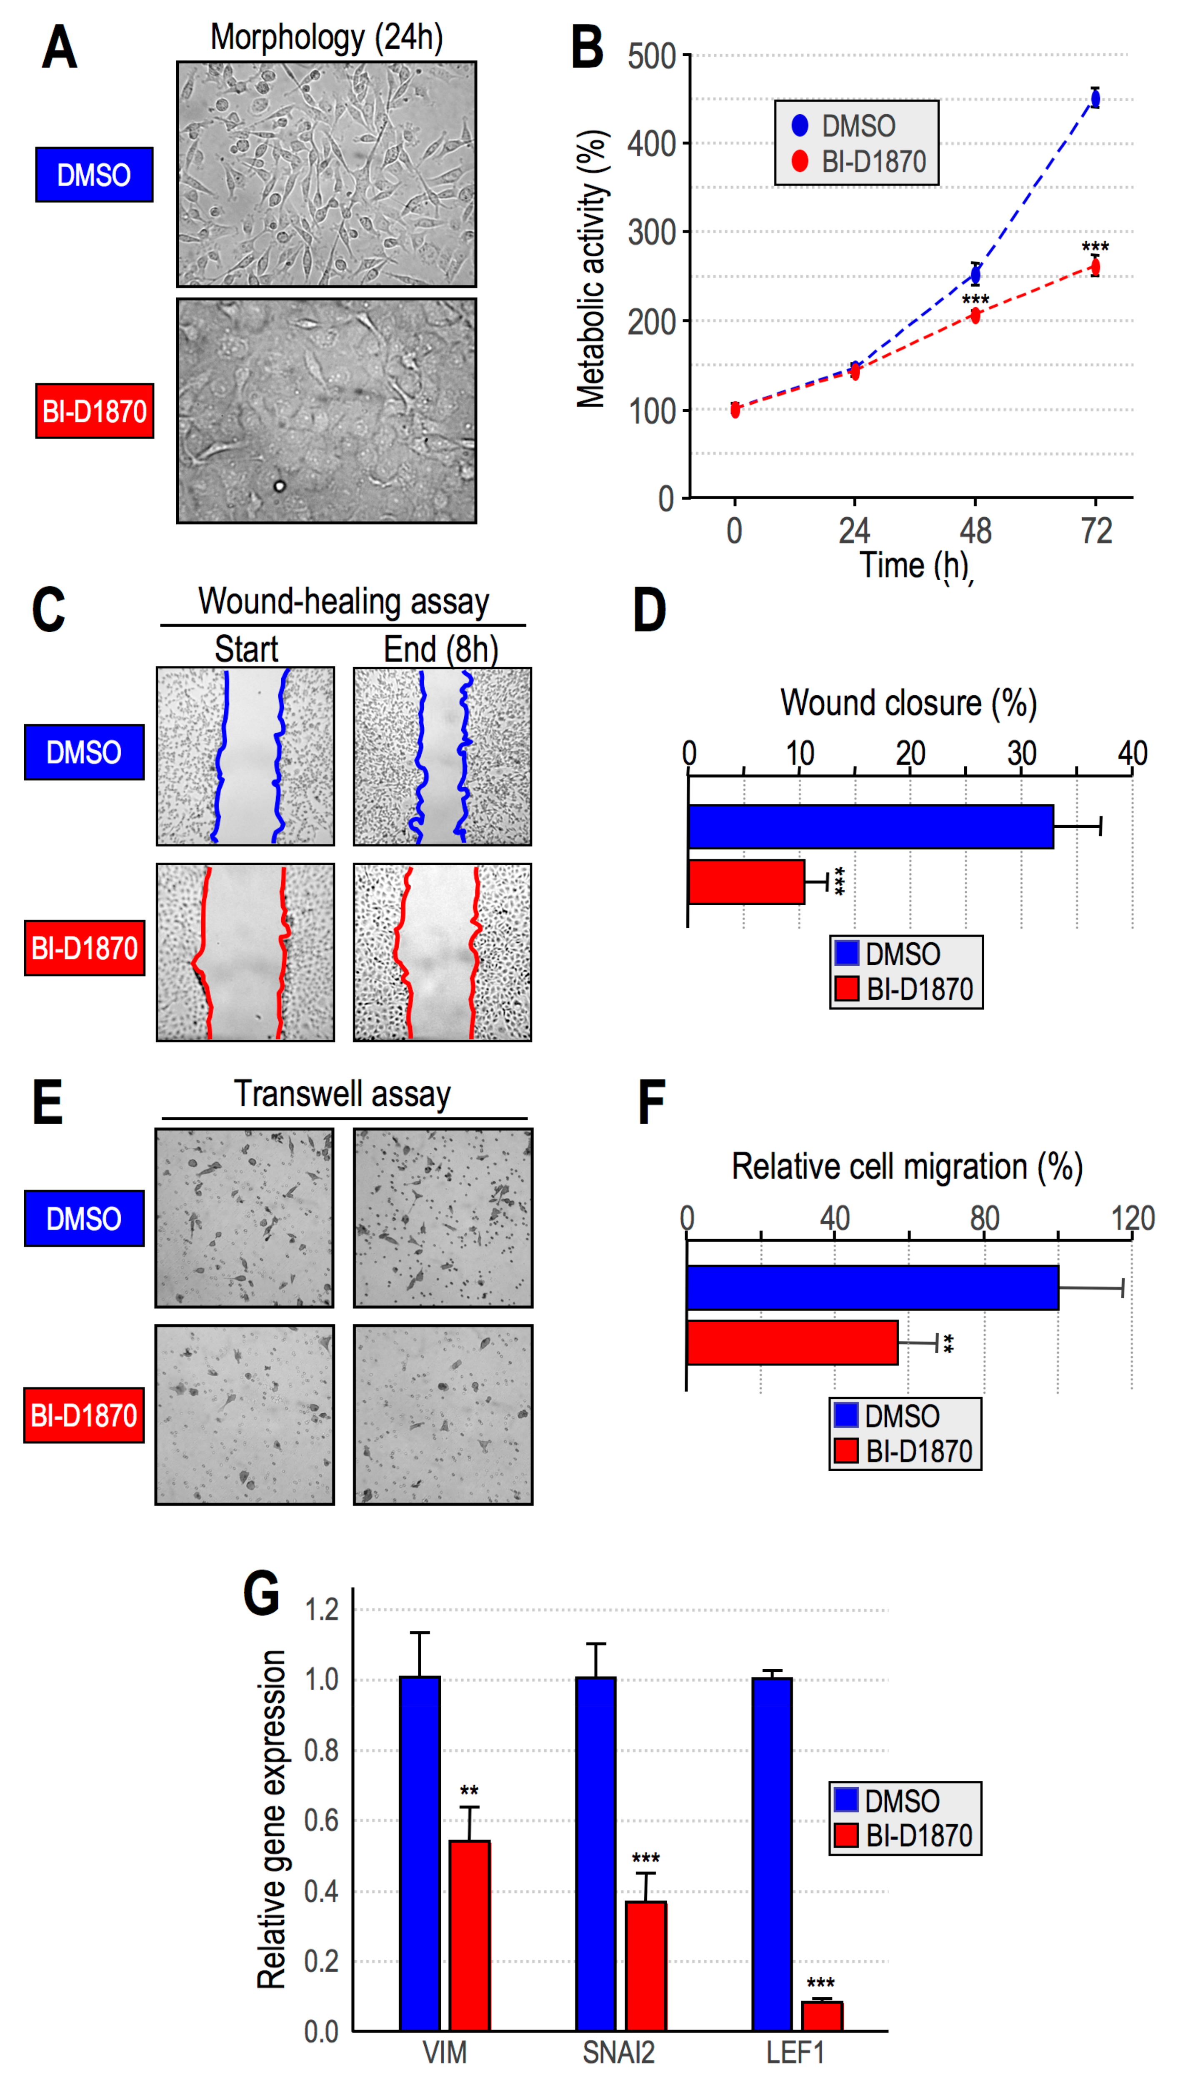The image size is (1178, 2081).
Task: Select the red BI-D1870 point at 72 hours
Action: [1095, 267]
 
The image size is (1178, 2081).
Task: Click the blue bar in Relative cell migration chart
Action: [872, 1287]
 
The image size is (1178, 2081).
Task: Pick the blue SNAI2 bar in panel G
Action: [595, 1853]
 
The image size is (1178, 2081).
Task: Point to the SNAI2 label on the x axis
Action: [618, 2053]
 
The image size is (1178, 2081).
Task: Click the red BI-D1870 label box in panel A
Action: [95, 411]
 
